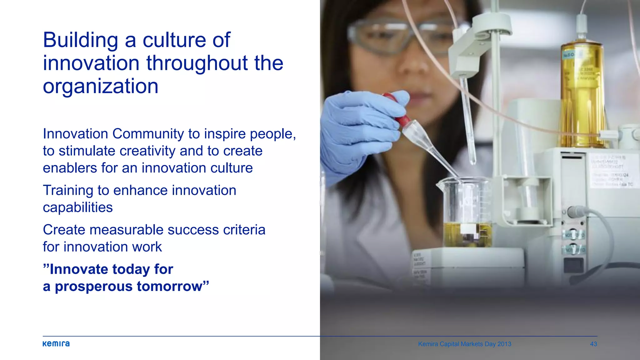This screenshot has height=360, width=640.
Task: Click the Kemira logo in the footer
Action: (x=56, y=344)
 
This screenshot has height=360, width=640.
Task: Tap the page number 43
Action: (x=593, y=344)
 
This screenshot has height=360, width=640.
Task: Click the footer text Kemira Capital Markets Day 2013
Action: (x=464, y=344)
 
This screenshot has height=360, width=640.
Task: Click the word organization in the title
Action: (x=100, y=86)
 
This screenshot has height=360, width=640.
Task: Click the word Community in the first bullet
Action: (x=148, y=134)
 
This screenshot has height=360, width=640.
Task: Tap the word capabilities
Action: (x=77, y=207)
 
